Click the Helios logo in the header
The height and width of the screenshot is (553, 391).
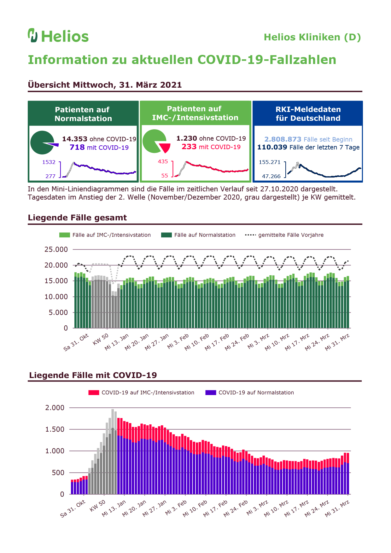click(x=58, y=36)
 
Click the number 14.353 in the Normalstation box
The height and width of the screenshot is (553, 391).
click(x=75, y=139)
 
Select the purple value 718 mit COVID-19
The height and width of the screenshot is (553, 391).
click(x=99, y=147)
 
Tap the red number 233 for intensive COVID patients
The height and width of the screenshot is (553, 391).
click(x=189, y=147)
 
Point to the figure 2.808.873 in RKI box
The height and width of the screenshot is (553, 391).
click(x=283, y=139)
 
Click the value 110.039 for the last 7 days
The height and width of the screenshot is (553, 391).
click(x=272, y=147)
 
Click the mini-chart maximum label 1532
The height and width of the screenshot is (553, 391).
click(x=49, y=162)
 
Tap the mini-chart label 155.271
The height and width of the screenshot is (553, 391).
click(x=270, y=162)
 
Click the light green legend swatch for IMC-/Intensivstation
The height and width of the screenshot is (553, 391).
click(x=65, y=235)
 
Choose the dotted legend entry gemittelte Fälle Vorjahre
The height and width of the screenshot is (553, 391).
click(x=284, y=235)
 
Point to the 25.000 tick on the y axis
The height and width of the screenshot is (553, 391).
click(x=56, y=249)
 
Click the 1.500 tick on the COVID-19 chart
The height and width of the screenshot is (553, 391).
click(x=55, y=429)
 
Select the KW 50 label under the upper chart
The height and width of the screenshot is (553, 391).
click(x=101, y=339)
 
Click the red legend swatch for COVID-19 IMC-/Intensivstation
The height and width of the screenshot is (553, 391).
click(x=94, y=393)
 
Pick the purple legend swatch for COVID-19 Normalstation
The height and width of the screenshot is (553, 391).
click(x=211, y=393)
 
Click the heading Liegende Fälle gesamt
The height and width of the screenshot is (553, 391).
click(x=77, y=218)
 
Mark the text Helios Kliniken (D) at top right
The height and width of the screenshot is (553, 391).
click(x=312, y=37)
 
